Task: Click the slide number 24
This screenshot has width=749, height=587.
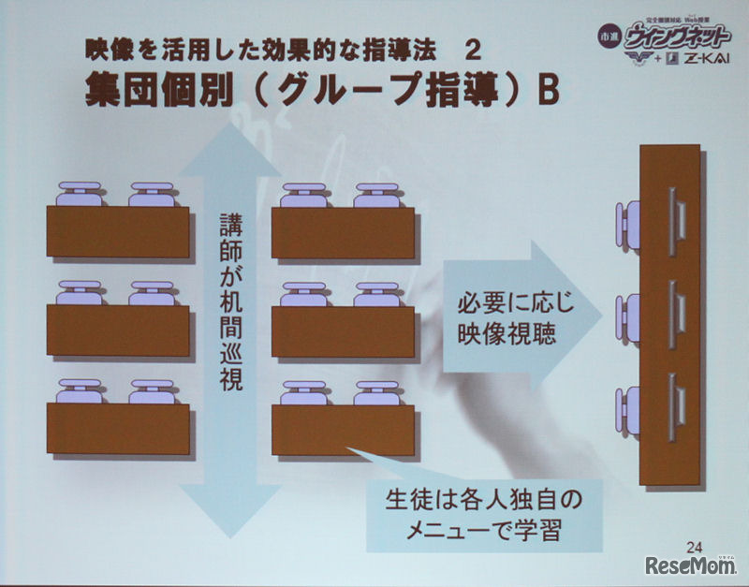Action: click(694, 547)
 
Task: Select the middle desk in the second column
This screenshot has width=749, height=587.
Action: click(343, 331)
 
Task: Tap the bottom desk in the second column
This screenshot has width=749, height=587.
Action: click(343, 430)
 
